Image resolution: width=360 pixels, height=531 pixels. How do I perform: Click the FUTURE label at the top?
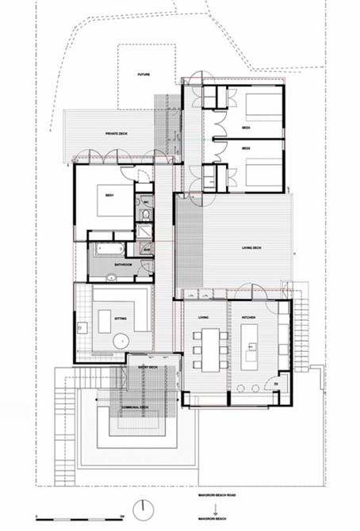(x=144, y=74)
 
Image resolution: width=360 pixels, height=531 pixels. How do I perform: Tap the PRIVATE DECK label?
(x=117, y=135)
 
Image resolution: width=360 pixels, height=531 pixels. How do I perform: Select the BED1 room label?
(x=108, y=194)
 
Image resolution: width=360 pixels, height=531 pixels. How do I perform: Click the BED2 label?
(x=246, y=148)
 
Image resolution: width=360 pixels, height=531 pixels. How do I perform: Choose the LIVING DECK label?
(x=252, y=249)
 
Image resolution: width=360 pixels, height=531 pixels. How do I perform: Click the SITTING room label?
(x=121, y=316)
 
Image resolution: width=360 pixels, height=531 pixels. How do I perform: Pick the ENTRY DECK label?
(x=148, y=368)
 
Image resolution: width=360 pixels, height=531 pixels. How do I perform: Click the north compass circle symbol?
(x=144, y=506)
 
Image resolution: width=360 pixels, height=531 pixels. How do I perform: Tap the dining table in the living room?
(x=208, y=350)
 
